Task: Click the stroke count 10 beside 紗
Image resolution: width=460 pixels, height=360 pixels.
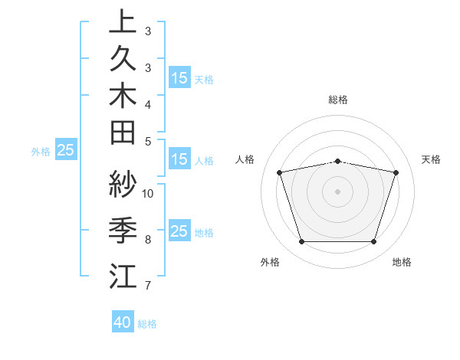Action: click(x=148, y=193)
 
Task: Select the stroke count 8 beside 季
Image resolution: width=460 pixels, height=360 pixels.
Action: click(x=148, y=240)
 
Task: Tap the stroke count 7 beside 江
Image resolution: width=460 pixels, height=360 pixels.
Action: click(x=148, y=286)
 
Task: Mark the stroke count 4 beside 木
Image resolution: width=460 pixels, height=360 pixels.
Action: click(x=148, y=104)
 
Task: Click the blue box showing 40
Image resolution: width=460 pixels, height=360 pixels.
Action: click(x=123, y=322)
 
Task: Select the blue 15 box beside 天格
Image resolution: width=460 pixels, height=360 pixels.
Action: click(x=179, y=77)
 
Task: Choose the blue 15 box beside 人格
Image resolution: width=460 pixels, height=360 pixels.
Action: click(x=179, y=159)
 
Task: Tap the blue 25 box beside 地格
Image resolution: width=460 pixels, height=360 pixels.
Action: click(x=179, y=231)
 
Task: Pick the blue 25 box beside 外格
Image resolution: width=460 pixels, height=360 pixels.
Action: click(x=66, y=150)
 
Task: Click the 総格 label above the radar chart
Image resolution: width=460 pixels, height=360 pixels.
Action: click(x=338, y=100)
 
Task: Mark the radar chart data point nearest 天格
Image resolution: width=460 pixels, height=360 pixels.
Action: click(x=396, y=172)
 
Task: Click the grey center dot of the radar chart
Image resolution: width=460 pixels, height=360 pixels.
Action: click(x=338, y=191)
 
